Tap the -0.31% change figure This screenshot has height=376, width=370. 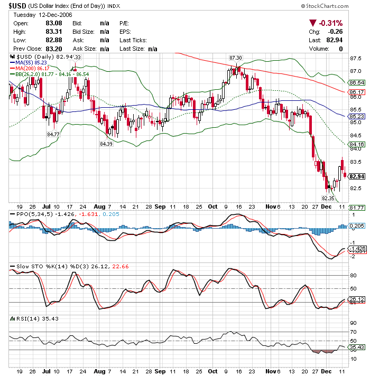point(329,23)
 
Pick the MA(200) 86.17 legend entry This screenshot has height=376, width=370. point(32,68)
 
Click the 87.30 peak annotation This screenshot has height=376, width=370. point(236,57)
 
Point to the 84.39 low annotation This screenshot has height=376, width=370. point(106,144)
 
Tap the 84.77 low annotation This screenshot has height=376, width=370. point(53,134)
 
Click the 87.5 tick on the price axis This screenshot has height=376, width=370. point(355,59)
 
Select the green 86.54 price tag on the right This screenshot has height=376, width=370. point(357,83)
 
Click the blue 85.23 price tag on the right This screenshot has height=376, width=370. point(357,116)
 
